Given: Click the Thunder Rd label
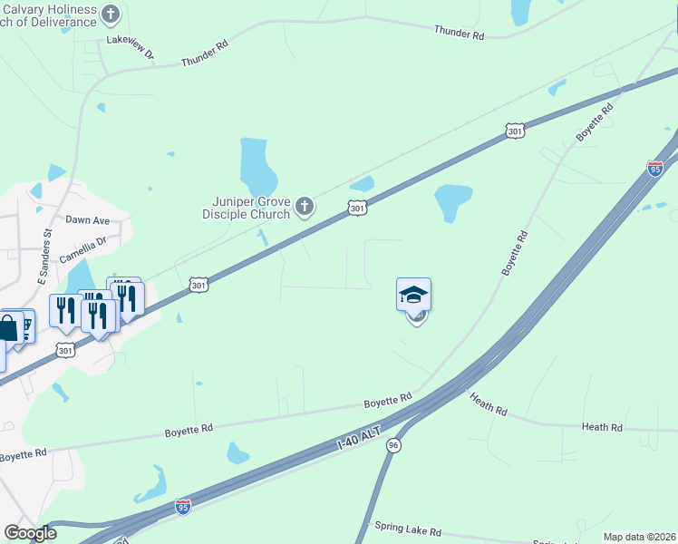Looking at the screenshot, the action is point(459,34).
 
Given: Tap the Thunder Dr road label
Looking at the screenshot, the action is point(204,53).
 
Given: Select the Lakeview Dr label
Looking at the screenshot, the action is point(130,44).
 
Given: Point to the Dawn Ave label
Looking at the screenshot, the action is point(87,220).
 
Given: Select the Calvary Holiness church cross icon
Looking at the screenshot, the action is point(111,15).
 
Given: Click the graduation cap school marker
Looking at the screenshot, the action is point(413,295).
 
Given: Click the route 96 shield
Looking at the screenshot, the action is point(393,445).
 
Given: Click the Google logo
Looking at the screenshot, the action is point(30,533).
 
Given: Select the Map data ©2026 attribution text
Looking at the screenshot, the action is point(639,537).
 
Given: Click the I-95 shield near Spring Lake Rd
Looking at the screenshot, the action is point(183,507).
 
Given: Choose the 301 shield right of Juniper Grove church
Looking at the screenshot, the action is point(357,209).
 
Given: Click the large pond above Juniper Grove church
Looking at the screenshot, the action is point(257,163).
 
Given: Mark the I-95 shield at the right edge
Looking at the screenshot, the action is point(655,169).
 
